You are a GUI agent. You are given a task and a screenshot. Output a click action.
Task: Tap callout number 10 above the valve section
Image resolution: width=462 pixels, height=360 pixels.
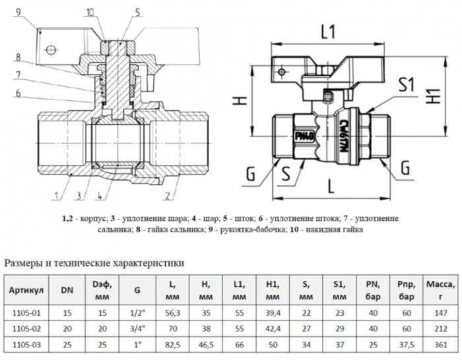[90, 11]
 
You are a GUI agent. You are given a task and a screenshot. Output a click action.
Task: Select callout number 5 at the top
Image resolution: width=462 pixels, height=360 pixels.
[137, 11]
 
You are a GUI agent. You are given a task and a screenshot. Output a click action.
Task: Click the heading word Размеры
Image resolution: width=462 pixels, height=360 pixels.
[26, 263]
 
